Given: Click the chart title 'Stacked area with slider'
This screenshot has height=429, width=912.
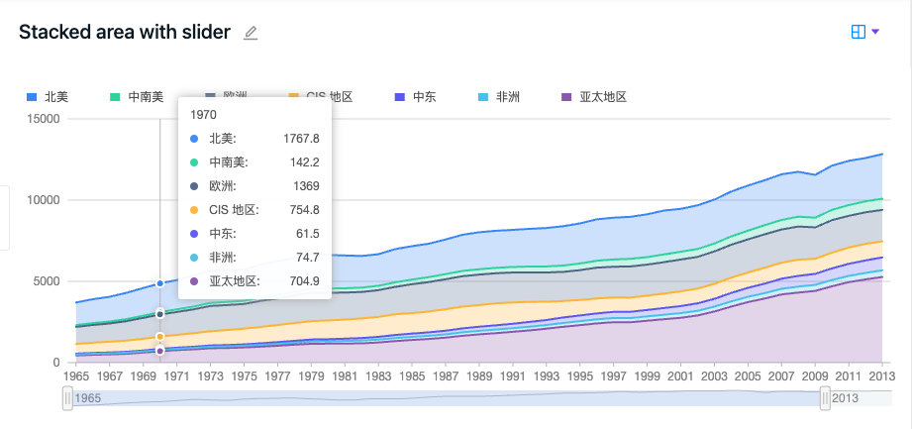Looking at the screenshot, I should click(x=125, y=33).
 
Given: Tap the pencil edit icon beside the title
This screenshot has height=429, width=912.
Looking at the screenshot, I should click(x=251, y=33).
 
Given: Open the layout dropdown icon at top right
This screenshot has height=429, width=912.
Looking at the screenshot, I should click(x=865, y=33).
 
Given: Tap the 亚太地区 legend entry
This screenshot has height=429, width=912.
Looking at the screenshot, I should click(x=594, y=97).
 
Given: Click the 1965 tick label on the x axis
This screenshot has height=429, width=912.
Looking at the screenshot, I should click(x=76, y=376).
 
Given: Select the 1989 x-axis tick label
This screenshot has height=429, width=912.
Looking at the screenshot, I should click(x=479, y=376).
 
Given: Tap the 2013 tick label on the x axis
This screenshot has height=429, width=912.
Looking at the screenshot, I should click(x=881, y=376).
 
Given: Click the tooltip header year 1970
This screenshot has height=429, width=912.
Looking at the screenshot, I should click(x=203, y=114).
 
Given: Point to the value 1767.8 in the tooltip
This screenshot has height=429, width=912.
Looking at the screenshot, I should click(x=300, y=138).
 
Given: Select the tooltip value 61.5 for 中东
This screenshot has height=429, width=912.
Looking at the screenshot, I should click(x=306, y=233).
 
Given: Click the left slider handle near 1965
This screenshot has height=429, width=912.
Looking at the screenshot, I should click(x=68, y=397).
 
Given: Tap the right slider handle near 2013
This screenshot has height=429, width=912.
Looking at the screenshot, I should click(x=825, y=397).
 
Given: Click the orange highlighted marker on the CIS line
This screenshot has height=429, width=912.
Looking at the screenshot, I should click(x=160, y=338).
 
